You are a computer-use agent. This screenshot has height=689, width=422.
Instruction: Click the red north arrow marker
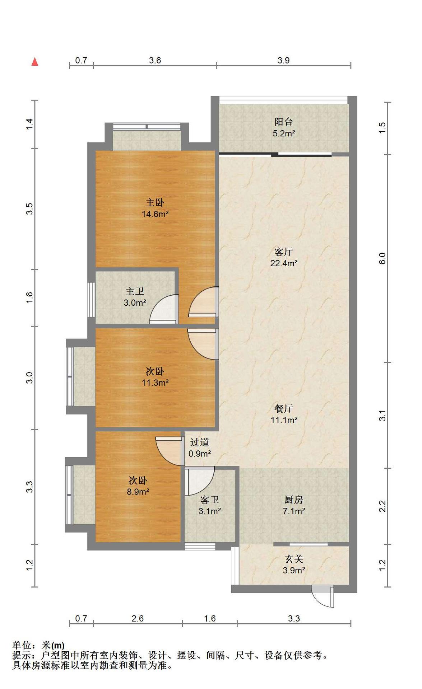tap(35, 62)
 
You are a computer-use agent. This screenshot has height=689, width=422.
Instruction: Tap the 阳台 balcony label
tap(284, 122)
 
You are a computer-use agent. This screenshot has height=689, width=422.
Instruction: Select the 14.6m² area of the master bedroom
tap(155, 214)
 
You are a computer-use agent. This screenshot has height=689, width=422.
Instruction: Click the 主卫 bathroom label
tap(135, 291)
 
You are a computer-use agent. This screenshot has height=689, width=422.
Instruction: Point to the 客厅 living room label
tap(284, 252)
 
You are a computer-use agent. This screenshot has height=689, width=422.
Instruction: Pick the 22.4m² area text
tap(284, 263)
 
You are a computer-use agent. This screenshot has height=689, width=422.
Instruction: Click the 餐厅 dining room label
tap(284, 408)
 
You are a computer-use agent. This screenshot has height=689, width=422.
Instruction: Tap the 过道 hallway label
tap(199, 442)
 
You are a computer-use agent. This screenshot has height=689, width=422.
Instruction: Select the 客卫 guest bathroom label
tap(210, 500)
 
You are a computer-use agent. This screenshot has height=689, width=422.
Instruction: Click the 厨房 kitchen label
tap(294, 500)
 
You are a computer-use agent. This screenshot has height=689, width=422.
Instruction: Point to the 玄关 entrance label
tap(294, 559)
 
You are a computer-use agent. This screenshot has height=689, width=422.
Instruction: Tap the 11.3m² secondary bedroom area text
tap(155, 383)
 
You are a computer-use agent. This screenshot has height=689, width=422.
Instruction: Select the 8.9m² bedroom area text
tap(138, 492)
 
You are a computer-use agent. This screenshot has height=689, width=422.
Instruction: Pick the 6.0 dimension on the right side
tap(382, 258)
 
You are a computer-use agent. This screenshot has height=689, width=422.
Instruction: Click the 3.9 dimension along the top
tap(283, 60)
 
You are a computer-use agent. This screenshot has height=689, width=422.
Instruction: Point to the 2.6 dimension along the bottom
tap(138, 618)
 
